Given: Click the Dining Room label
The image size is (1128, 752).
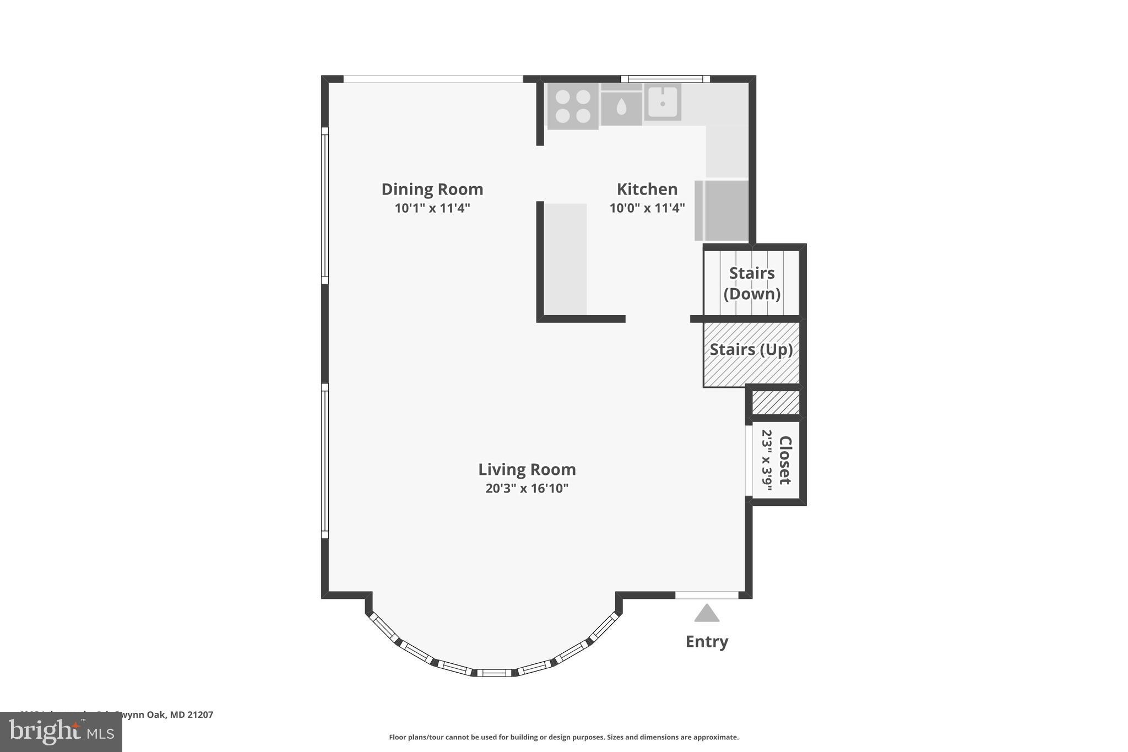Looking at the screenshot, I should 432,189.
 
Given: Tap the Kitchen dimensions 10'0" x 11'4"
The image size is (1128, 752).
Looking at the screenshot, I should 647,208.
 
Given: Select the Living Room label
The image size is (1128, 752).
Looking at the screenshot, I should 527,469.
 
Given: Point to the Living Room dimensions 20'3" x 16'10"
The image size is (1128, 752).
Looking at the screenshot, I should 527,489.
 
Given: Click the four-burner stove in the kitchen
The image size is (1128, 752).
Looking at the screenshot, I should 573,106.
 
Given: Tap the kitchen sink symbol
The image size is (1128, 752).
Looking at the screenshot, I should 663,102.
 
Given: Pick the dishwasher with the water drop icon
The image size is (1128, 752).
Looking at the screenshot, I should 621,107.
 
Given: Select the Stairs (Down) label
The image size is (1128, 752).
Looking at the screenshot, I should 752,283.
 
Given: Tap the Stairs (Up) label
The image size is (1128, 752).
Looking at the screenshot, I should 751,350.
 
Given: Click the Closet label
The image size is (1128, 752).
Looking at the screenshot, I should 785,460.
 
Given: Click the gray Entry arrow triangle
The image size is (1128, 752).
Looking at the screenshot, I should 707,613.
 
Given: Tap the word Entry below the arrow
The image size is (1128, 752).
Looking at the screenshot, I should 707,641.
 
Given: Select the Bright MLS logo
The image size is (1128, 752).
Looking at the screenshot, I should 61,732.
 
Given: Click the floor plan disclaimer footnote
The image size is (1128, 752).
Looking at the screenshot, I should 563,737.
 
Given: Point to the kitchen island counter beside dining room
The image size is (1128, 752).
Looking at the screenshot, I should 566,259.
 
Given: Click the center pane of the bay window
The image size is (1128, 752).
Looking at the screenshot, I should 494,673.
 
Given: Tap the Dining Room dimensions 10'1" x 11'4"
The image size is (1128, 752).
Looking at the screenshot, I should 432,208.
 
